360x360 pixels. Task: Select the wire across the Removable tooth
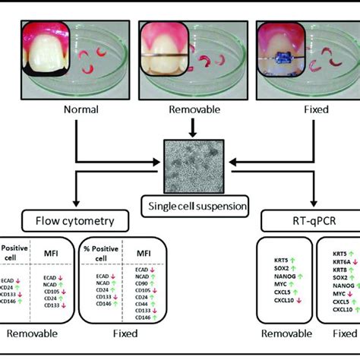(x=163, y=57)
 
